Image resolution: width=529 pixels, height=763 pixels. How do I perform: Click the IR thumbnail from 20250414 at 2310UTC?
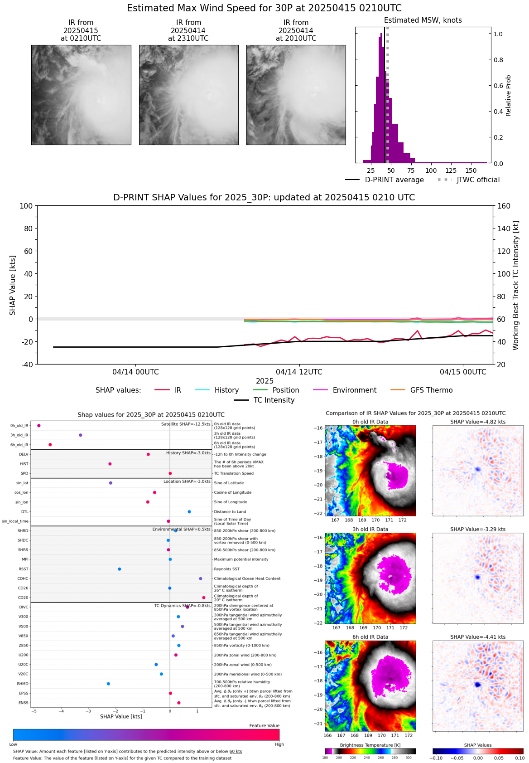pyautogui.click(x=188, y=95)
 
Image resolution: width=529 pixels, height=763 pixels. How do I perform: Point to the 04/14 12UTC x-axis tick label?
pyautogui.click(x=299, y=372)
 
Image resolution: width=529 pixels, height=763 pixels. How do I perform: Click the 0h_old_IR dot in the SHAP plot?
pyautogui.click(x=39, y=426)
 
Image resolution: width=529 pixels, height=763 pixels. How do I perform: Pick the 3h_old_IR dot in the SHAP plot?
pyautogui.click(x=81, y=435)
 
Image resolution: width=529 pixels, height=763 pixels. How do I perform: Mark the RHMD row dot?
pyautogui.click(x=108, y=684)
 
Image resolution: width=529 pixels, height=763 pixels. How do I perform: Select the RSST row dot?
pyautogui.click(x=120, y=569)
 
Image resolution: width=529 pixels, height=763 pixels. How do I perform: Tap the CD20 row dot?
pyautogui.click(x=204, y=598)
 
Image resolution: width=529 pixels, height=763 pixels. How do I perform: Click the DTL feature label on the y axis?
pyautogui.click(x=25, y=512)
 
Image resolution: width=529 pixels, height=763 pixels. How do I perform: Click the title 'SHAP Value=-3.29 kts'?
pyautogui.click(x=478, y=529)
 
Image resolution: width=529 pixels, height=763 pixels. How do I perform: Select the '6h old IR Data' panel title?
pyautogui.click(x=370, y=637)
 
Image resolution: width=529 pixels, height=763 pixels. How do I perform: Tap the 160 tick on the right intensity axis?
pyautogui.click(x=504, y=206)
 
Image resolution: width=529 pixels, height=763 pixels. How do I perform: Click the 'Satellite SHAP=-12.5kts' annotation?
pyautogui.click(x=186, y=424)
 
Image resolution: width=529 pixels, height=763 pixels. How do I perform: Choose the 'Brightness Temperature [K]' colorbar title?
pyautogui.click(x=370, y=745)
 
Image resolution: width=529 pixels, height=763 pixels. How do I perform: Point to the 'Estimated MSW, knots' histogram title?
pyautogui.click(x=423, y=20)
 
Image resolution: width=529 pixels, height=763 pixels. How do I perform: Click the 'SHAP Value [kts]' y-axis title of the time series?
pyautogui.click(x=13, y=285)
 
